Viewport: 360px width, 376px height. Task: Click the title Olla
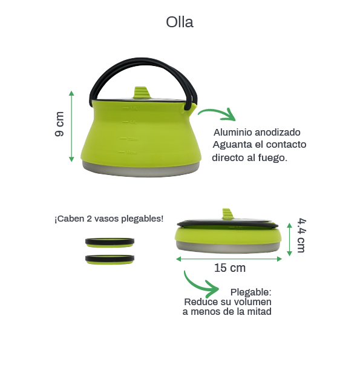pyautogui.click(x=180, y=22)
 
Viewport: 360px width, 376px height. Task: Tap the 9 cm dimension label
pyautogui.click(x=59, y=124)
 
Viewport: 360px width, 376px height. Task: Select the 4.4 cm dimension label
pyautogui.click(x=301, y=236)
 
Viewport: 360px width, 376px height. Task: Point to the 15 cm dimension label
pyautogui.click(x=230, y=268)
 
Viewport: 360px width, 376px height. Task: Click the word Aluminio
pyautogui.click(x=233, y=133)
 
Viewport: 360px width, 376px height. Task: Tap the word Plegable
pyautogui.click(x=250, y=292)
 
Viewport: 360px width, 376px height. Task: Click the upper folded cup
pyautogui.click(x=110, y=242)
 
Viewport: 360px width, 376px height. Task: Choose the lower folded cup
pyautogui.click(x=110, y=260)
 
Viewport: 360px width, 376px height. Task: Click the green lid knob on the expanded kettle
pyautogui.click(x=142, y=93)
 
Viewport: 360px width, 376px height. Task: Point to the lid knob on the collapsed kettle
pyautogui.click(x=227, y=214)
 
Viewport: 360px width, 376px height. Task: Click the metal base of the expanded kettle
pyautogui.click(x=141, y=170)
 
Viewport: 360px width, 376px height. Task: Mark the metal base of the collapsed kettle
pyautogui.click(x=228, y=247)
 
